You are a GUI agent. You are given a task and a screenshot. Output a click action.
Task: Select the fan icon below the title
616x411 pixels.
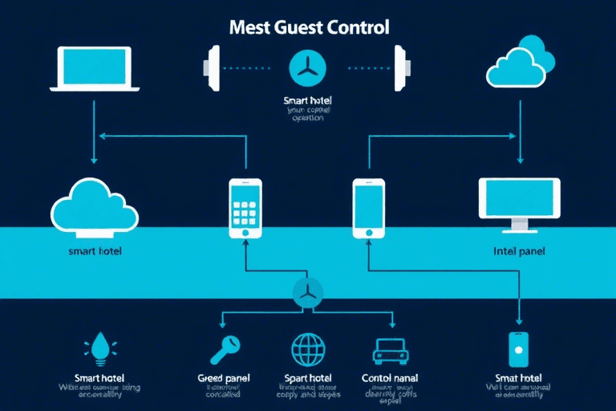point(308,69)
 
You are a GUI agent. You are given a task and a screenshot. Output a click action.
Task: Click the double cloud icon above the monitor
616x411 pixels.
point(521,65)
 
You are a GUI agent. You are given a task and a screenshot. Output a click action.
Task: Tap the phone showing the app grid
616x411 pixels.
point(245,208)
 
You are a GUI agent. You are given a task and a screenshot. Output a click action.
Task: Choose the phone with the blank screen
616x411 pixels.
point(368,208)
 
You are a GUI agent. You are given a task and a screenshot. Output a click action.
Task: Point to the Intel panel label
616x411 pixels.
point(519,251)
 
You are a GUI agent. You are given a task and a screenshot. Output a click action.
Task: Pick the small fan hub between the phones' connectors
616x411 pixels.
point(307,291)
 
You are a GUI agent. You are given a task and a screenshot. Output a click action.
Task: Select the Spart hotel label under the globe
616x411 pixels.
point(308,377)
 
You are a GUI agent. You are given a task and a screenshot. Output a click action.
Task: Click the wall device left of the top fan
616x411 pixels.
point(213,68)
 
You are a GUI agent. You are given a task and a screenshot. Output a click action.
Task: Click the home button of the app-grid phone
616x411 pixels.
point(245,232)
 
